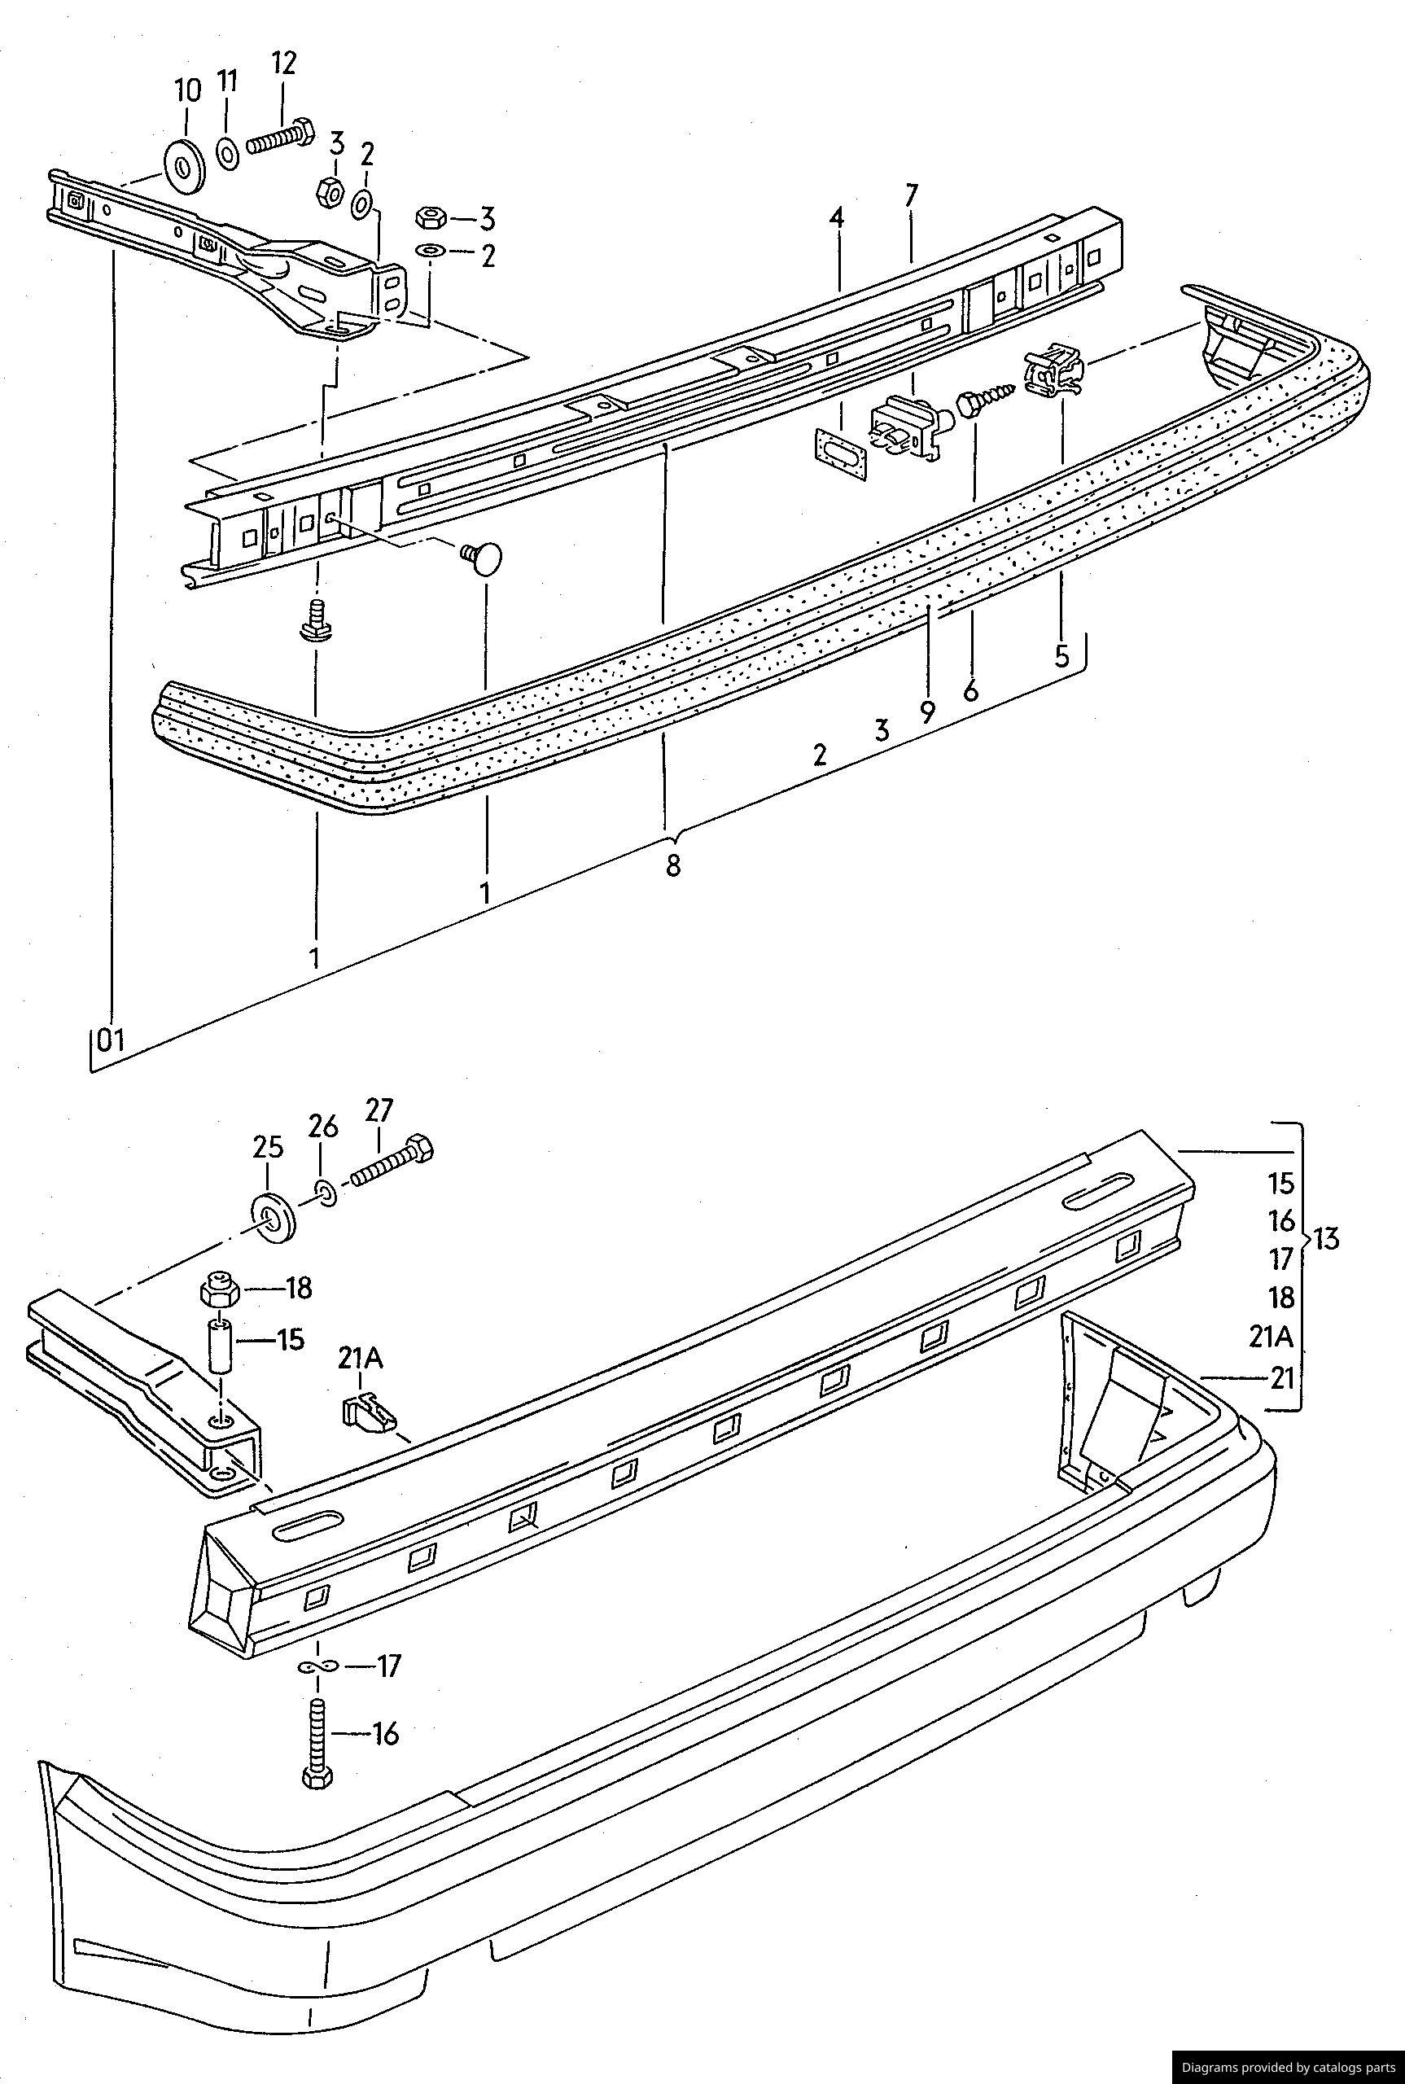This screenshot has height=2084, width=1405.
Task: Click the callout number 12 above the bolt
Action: pyautogui.click(x=283, y=63)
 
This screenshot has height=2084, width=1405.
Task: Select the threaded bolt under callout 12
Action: pyautogui.click(x=279, y=138)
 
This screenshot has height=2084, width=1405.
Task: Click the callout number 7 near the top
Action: pyautogui.click(x=911, y=195)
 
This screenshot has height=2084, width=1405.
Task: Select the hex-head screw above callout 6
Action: pyautogui.click(x=984, y=398)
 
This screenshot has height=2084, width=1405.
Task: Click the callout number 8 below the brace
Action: pyautogui.click(x=673, y=865)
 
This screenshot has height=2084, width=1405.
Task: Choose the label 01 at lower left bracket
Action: pyautogui.click(x=109, y=1040)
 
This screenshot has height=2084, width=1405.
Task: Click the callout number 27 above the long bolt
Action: pyautogui.click(x=379, y=1110)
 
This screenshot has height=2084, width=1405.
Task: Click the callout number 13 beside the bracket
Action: pyautogui.click(x=1327, y=1240)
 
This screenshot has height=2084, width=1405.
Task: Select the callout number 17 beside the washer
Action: pyautogui.click(x=389, y=1666)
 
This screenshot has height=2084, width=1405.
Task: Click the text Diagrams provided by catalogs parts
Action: pyautogui.click(x=1288, y=2066)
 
